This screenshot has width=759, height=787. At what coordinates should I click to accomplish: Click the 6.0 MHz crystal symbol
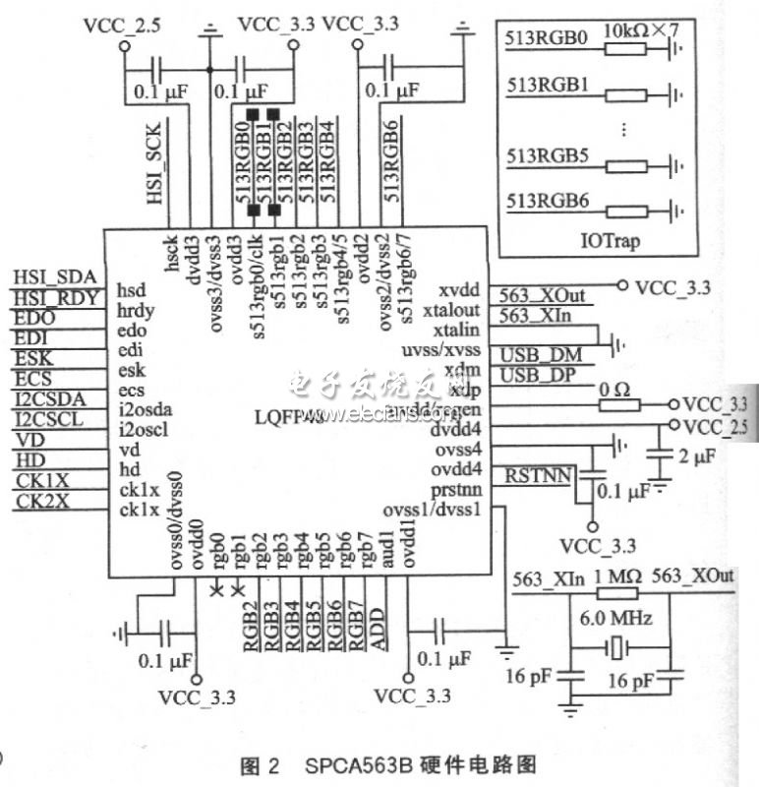(x=616, y=648)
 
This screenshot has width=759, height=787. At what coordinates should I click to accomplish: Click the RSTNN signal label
(x=537, y=476)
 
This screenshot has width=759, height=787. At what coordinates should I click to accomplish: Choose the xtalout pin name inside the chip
(x=455, y=311)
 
